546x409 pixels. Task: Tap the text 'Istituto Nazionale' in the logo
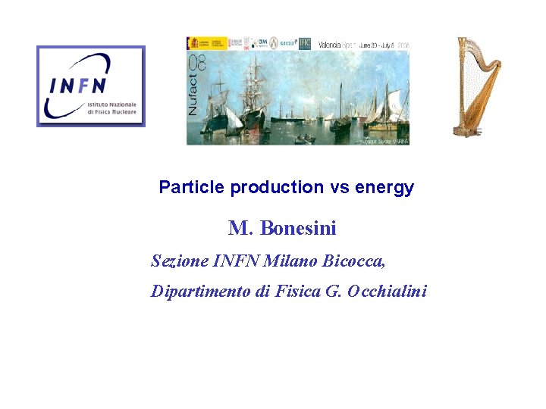[x=112, y=103]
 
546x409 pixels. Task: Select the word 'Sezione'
[x=180, y=261]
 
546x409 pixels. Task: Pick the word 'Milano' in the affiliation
[x=291, y=261]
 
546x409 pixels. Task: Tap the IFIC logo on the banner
[x=305, y=43]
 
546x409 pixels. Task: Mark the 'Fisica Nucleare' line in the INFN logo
[x=112, y=111]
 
